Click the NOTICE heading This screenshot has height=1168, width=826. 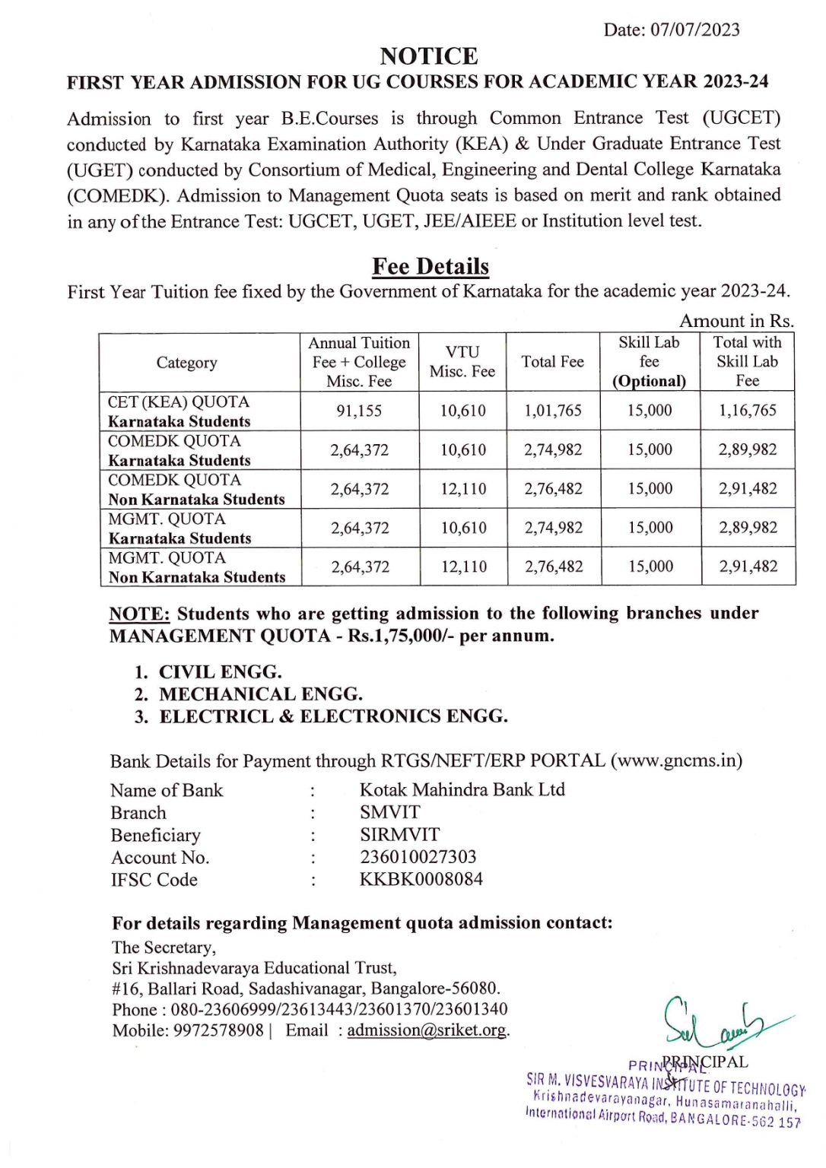point(429,56)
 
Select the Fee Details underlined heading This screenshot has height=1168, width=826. point(430,266)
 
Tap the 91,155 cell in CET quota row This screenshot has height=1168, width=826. point(359,411)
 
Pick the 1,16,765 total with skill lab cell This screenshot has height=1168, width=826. point(747,411)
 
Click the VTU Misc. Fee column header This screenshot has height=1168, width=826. point(462,362)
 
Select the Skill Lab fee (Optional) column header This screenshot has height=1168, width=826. point(649,362)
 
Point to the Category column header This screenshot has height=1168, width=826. point(186,363)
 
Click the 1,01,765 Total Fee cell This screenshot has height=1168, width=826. point(552,411)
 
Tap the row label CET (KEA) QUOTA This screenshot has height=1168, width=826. point(179,402)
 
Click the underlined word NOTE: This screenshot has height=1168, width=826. point(139,614)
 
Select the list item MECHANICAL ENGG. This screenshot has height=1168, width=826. point(260,694)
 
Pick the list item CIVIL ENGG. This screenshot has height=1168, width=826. point(220,672)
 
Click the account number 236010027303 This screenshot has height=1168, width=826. point(418,857)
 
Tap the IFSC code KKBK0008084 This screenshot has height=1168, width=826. point(421,880)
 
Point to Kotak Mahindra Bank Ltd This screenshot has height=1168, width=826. point(462,790)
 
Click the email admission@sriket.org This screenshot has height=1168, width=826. point(427,1030)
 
